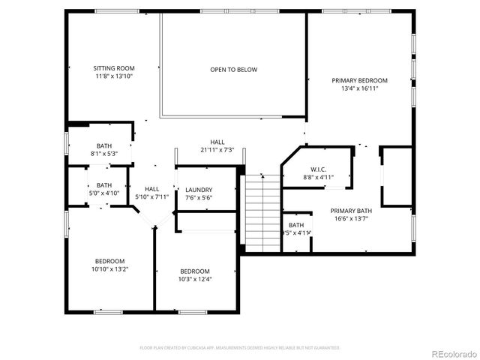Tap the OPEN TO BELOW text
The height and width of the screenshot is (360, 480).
coord(233,70)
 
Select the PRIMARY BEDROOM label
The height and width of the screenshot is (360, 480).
coord(360,80)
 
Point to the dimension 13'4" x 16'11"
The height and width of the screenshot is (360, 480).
coord(360,88)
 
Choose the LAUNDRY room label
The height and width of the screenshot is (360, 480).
coord(199,190)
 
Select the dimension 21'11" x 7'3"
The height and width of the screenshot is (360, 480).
coord(217,150)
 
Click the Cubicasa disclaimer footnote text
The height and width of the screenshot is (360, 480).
coord(240,348)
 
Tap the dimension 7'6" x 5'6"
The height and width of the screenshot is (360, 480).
coord(199,198)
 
